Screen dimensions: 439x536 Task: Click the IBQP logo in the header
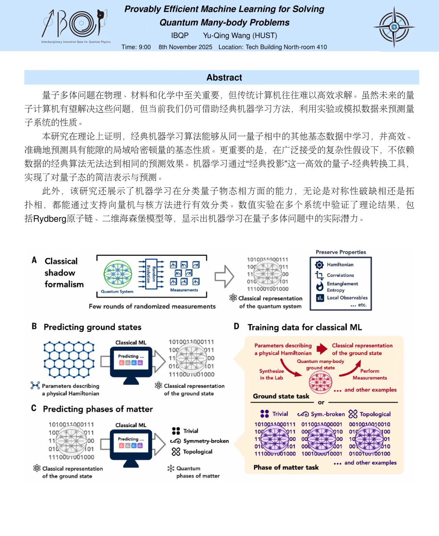76,26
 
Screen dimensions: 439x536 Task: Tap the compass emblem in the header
394,27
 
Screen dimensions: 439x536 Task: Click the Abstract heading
224,77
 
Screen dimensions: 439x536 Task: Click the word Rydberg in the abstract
50,219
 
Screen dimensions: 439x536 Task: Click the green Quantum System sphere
118,274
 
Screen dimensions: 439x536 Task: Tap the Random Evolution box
151,274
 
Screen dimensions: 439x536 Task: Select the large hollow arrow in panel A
224,276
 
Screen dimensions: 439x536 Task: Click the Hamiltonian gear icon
319,265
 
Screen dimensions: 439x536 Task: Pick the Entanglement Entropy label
342,287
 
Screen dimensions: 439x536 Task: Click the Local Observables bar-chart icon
320,298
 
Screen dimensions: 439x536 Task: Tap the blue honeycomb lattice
69,360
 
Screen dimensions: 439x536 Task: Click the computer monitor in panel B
131,365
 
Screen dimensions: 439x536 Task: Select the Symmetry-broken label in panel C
206,441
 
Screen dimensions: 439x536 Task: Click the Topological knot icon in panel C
176,452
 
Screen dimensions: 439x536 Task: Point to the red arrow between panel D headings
322,349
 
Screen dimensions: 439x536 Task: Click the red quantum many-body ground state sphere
320,382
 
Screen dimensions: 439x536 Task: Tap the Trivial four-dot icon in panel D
264,414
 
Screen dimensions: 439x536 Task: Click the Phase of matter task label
286,467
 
